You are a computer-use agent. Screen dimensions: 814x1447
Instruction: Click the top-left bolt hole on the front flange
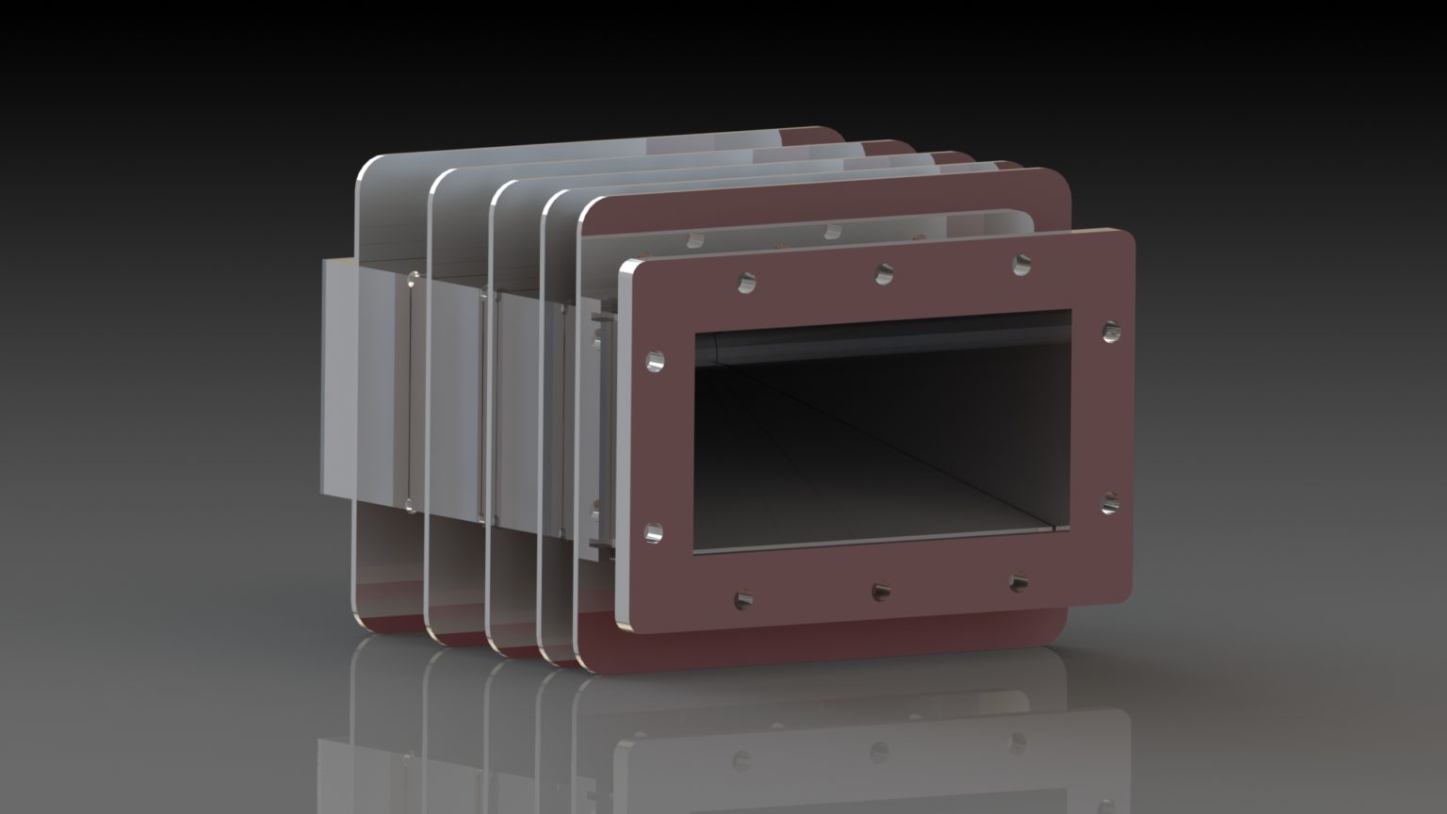(x=746, y=281)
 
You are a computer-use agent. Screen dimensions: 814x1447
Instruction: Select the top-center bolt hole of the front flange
(x=884, y=273)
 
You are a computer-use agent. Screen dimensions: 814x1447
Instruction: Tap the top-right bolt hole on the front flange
(x=1022, y=265)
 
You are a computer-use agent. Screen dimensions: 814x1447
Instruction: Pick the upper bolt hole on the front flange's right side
(x=1111, y=331)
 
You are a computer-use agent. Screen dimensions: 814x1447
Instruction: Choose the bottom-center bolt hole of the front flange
(x=881, y=591)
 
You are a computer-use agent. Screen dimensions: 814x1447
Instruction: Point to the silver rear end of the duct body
(x=339, y=377)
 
